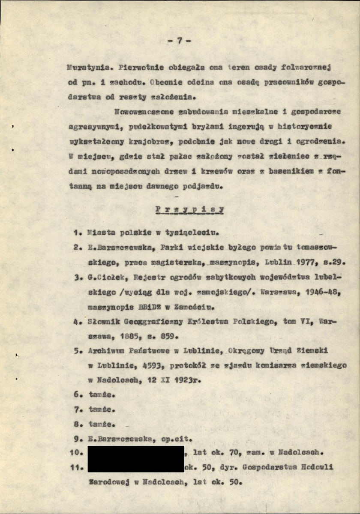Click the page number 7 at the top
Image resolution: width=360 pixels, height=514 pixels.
pyautogui.click(x=179, y=41)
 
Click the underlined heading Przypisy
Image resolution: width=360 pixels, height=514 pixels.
pyautogui.click(x=190, y=209)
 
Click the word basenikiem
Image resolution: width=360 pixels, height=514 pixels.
pyautogui.click(x=283, y=171)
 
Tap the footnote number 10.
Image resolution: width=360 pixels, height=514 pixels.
pyautogui.click(x=76, y=452)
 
